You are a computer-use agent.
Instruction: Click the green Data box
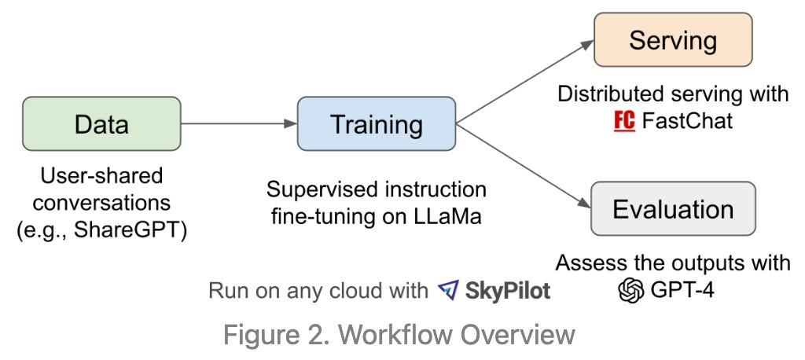click(101, 123)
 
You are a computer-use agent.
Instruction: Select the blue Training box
click(377, 123)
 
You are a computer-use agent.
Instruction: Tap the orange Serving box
click(673, 40)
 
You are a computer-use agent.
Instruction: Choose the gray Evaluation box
click(673, 210)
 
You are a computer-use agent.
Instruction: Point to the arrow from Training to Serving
click(524, 83)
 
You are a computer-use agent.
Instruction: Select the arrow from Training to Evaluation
click(524, 166)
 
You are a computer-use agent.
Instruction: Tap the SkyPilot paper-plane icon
click(448, 291)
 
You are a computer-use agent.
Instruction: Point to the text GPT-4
click(682, 291)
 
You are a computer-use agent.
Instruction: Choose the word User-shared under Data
click(101, 174)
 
